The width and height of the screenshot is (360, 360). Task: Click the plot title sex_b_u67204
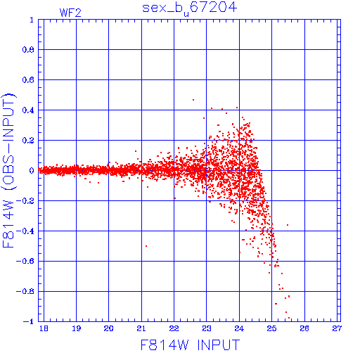point(189,8)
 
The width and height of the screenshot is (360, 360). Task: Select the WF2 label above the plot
point(70,13)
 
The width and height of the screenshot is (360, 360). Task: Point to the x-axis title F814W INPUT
point(190,345)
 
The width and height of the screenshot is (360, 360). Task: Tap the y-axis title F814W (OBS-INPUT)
point(8,170)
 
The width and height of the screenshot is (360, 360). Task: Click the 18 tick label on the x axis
point(44,328)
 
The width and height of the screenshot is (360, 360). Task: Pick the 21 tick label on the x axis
point(141,328)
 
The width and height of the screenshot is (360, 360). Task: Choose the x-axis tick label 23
point(207,328)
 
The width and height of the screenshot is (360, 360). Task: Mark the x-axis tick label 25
point(271,328)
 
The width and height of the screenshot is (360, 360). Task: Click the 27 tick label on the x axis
point(337,328)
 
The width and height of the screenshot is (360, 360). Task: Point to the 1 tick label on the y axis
point(32,20)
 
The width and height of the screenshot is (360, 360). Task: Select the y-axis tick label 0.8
point(28,50)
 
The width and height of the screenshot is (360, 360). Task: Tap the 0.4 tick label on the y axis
point(28,110)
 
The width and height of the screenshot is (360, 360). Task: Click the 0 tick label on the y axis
point(32,171)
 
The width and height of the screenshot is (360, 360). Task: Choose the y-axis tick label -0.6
point(25,261)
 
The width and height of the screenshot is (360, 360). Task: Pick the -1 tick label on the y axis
point(29,321)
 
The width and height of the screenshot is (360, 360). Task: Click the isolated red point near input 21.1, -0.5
point(146,246)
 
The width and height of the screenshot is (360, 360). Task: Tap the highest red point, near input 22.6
point(193,100)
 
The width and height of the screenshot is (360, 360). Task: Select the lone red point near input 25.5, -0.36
point(288,225)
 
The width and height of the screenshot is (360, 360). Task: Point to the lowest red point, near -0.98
point(289,318)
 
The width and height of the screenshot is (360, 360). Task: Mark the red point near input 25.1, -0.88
point(276,304)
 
